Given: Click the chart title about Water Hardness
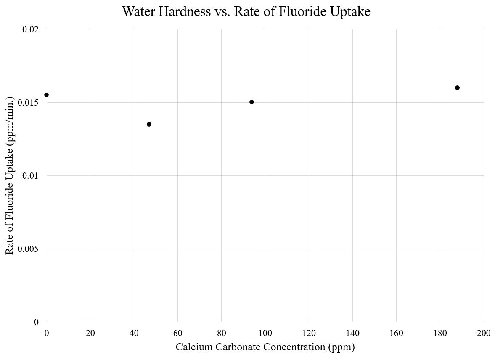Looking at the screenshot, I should pos(246,11).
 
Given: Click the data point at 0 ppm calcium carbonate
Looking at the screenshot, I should pos(46,95).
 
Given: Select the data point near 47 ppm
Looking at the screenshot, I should pos(149,124).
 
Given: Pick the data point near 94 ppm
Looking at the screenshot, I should pos(251,102).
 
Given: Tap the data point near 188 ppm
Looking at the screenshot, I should pos(457,87).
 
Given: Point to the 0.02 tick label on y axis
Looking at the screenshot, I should pos(30,29).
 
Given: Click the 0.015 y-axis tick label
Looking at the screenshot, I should pos(28,103).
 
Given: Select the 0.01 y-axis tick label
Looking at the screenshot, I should pos(30,176).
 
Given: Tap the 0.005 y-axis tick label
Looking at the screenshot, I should pos(28,249).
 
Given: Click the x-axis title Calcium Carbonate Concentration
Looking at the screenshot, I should pos(265,347).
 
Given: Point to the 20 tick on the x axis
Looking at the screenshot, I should pos(90,333).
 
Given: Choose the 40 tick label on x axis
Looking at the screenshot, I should pos(134,333).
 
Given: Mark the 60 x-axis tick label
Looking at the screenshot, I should pos(177,333).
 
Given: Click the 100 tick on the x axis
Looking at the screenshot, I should pos(265,333).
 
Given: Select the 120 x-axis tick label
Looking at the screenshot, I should pos(309,333).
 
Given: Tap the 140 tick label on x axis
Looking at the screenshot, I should pos(352,333).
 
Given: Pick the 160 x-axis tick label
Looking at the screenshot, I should pos(396,333).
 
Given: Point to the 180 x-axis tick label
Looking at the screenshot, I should pos(440,333).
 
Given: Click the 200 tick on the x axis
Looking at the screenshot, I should pos(484,333).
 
